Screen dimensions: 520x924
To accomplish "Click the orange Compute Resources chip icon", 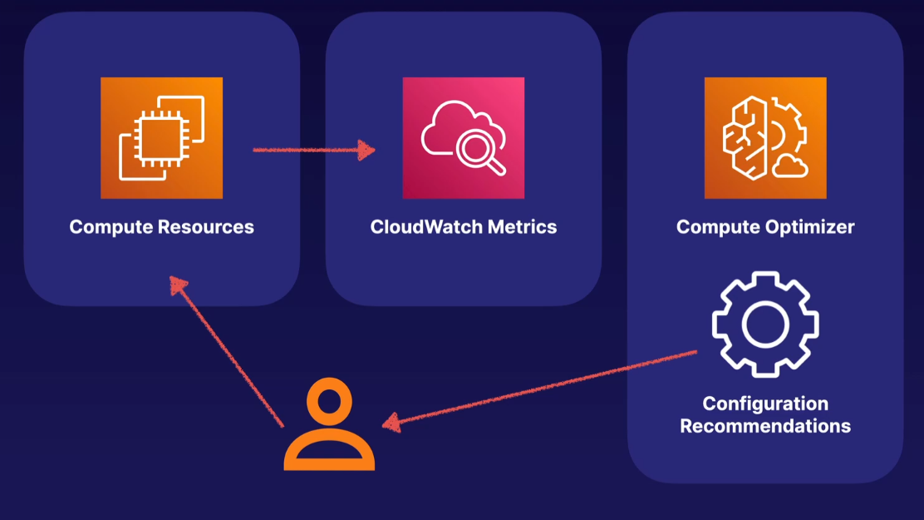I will tap(161, 138).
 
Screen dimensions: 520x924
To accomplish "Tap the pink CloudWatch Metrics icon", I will tap(463, 138).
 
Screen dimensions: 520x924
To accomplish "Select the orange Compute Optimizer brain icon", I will tap(765, 138).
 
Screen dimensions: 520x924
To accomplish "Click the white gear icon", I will tap(765, 324).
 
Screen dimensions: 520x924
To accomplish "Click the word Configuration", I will tap(765, 404).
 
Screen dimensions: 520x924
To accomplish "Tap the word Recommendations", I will tap(765, 426).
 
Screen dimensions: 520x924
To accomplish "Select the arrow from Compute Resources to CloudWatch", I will tap(313, 151).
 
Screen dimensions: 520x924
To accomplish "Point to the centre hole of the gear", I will tap(765, 324).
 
